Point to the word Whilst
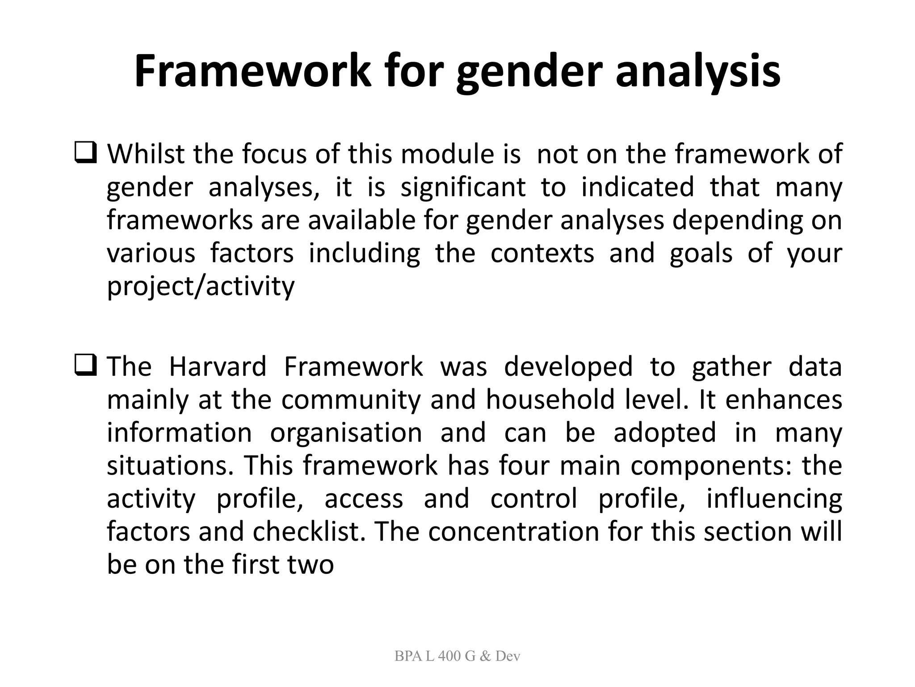pyautogui.click(x=146, y=154)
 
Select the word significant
pyautogui.click(x=463, y=187)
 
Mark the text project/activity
pyautogui.click(x=201, y=286)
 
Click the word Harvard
pyautogui.click(x=218, y=367)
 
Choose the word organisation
pyautogui.click(x=346, y=433)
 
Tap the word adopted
pyautogui.click(x=664, y=433)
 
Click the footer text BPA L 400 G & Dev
pyautogui.click(x=457, y=656)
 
